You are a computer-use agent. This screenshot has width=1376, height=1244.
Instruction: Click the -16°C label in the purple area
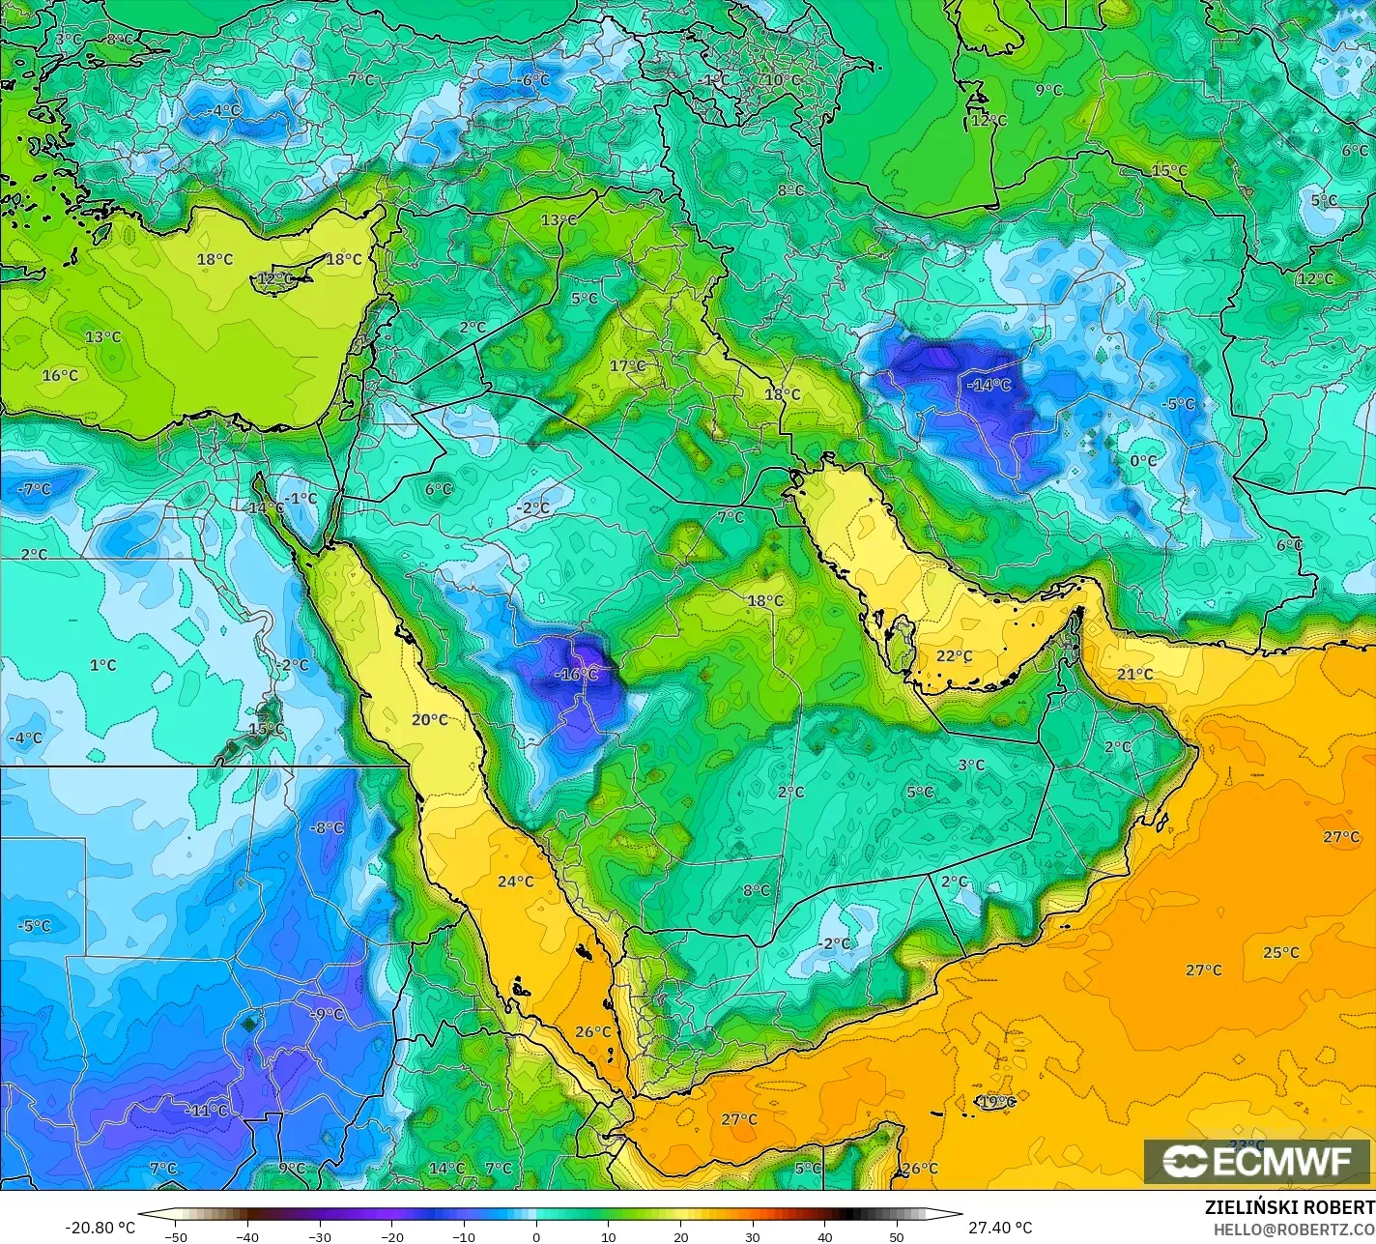pyautogui.click(x=578, y=674)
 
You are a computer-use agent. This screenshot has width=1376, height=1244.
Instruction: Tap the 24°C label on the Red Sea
pyautogui.click(x=515, y=881)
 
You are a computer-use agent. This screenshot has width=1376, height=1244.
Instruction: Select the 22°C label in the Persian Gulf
pyautogui.click(x=954, y=656)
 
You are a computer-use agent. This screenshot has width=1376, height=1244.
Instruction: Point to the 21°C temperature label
pyautogui.click(x=1135, y=674)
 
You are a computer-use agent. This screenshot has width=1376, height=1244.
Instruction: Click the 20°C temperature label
pyautogui.click(x=429, y=719)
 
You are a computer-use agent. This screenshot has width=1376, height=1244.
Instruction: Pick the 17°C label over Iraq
pyautogui.click(x=627, y=365)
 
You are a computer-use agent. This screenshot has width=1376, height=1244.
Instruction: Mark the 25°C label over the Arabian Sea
pyautogui.click(x=1280, y=952)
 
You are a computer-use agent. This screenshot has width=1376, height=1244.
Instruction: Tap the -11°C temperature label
pyautogui.click(x=207, y=1110)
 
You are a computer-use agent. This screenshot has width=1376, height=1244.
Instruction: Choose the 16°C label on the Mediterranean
pyautogui.click(x=60, y=375)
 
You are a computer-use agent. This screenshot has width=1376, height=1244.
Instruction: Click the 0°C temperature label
pyautogui.click(x=1143, y=461)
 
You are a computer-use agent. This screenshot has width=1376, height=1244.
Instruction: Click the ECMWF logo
pyautogui.click(x=1257, y=1162)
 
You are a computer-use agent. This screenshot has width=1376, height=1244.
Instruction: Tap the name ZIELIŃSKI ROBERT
pyautogui.click(x=1289, y=1207)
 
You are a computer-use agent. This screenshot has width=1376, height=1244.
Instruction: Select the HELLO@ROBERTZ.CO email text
pyautogui.click(x=1294, y=1229)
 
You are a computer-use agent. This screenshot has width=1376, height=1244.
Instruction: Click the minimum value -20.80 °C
pyautogui.click(x=100, y=1228)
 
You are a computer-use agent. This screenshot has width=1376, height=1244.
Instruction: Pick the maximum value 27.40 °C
pyautogui.click(x=999, y=1228)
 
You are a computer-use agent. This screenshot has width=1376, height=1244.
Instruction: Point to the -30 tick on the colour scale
pyautogui.click(x=320, y=1236)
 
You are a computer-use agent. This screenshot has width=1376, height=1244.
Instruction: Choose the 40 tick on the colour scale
pyautogui.click(x=824, y=1236)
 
